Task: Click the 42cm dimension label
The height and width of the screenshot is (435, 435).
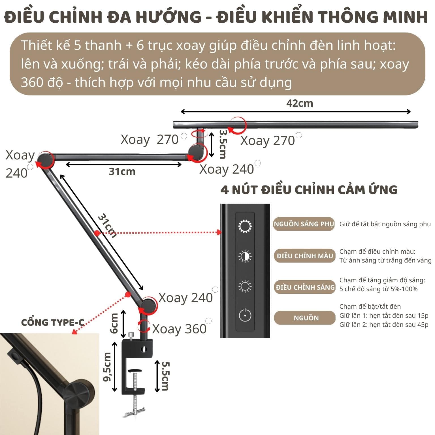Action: [299, 103]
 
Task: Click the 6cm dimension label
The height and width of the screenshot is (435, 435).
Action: [114, 323]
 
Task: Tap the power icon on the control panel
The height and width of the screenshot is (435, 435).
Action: [245, 315]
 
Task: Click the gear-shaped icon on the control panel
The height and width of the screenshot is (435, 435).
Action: [245, 226]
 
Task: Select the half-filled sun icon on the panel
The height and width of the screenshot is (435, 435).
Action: [245, 256]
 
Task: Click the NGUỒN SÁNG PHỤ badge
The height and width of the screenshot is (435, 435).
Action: [304, 224]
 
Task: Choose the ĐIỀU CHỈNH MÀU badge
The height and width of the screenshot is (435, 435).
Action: [305, 256]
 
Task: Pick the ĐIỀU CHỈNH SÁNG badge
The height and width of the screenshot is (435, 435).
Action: [305, 287]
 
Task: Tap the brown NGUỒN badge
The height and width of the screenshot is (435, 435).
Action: [305, 318]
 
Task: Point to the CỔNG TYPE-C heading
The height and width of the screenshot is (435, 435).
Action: [53, 322]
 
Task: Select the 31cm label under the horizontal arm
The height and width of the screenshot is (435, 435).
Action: [122, 171]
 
